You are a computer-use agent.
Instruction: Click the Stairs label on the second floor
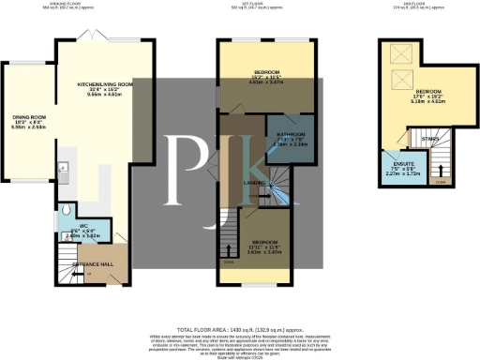click(432, 140)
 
